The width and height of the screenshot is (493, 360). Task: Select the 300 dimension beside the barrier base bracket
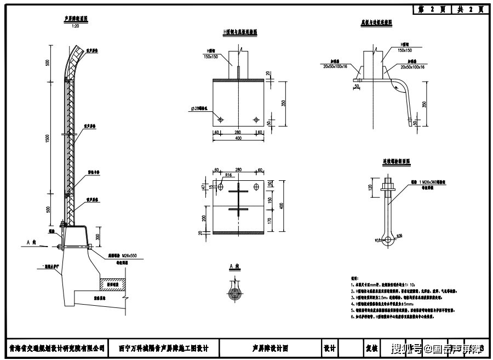click(98, 237)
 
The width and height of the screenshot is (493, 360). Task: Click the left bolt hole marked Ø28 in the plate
click(220, 119)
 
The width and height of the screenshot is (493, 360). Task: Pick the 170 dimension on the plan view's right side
click(270, 220)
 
